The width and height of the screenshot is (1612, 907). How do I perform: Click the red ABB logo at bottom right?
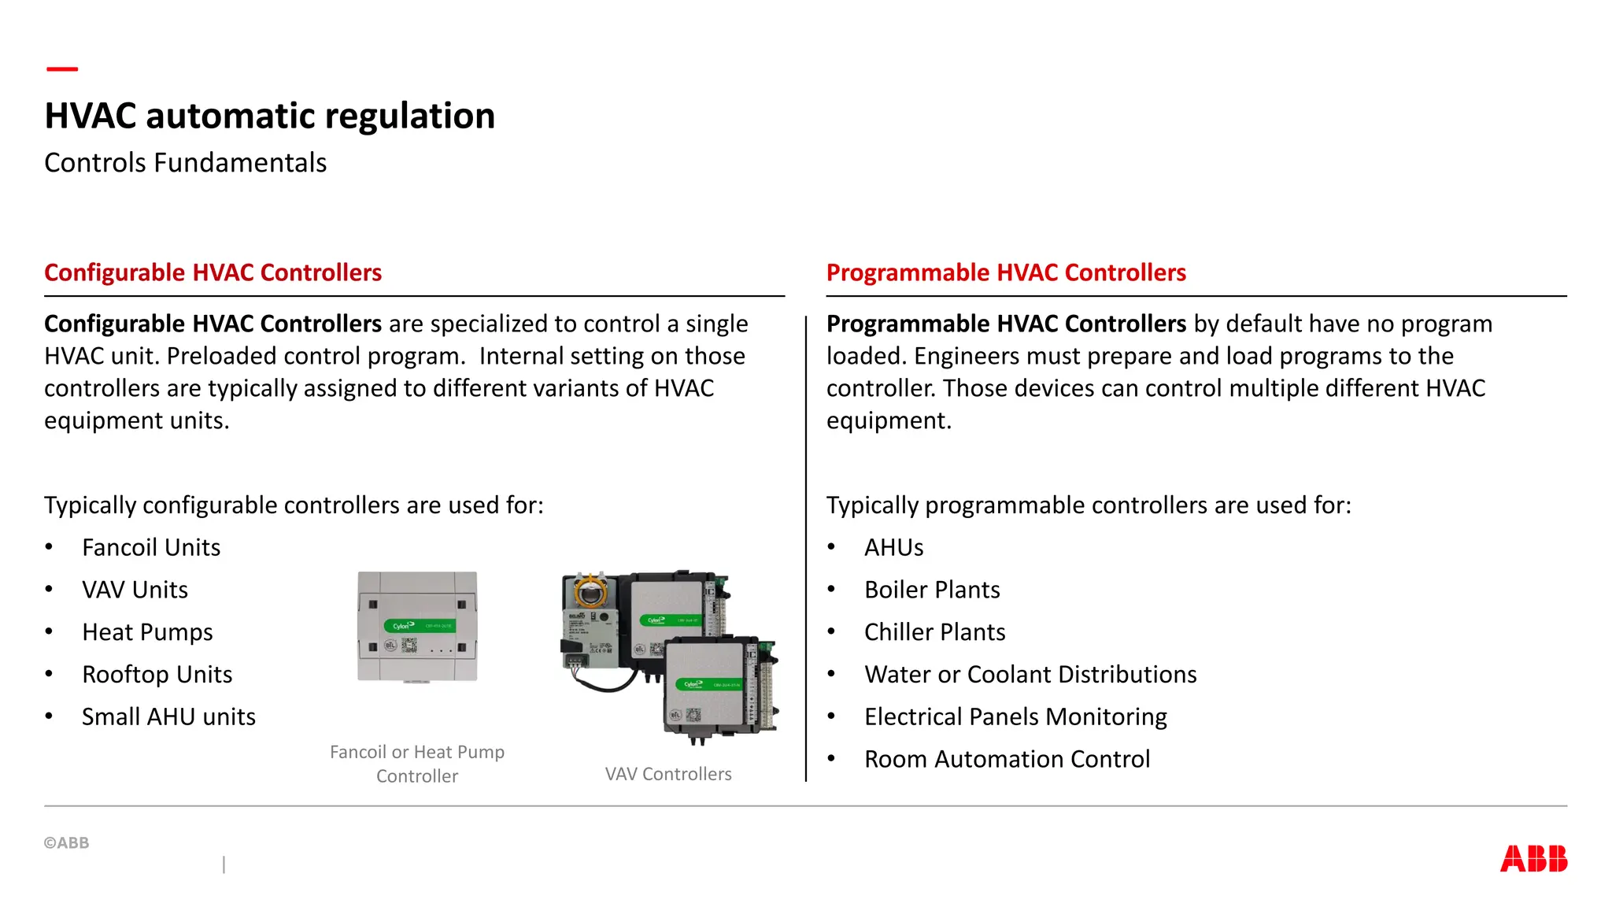click(x=1533, y=858)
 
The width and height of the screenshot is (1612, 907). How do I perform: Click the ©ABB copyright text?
click(x=67, y=842)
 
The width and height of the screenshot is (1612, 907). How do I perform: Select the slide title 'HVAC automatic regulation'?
click(x=270, y=116)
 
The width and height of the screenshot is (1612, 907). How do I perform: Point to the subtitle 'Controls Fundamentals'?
click(x=186, y=162)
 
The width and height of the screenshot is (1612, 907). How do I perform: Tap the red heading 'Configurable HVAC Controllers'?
click(x=213, y=272)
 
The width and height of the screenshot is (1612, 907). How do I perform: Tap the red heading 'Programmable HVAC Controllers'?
click(x=1006, y=272)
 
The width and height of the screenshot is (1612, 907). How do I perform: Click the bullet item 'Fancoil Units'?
click(x=151, y=547)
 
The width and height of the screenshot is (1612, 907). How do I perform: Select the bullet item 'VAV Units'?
click(x=135, y=590)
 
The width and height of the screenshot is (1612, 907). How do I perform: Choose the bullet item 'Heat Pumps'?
click(x=147, y=632)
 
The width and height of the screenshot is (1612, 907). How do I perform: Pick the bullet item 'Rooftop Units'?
click(x=157, y=675)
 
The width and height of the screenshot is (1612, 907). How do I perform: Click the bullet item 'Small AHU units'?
click(x=168, y=716)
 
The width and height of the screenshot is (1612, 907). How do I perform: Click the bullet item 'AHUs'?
click(x=893, y=547)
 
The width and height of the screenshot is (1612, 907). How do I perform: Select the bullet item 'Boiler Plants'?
click(x=932, y=590)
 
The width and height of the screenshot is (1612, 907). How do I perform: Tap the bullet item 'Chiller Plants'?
click(x=934, y=632)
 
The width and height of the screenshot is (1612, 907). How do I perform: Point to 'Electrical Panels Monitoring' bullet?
click(x=1015, y=716)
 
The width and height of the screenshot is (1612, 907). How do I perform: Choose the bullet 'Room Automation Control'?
click(x=1007, y=759)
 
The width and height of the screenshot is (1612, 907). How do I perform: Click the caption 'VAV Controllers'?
click(x=668, y=774)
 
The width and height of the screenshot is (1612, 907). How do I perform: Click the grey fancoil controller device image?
click(x=417, y=627)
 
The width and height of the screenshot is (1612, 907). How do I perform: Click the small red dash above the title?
click(x=62, y=69)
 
